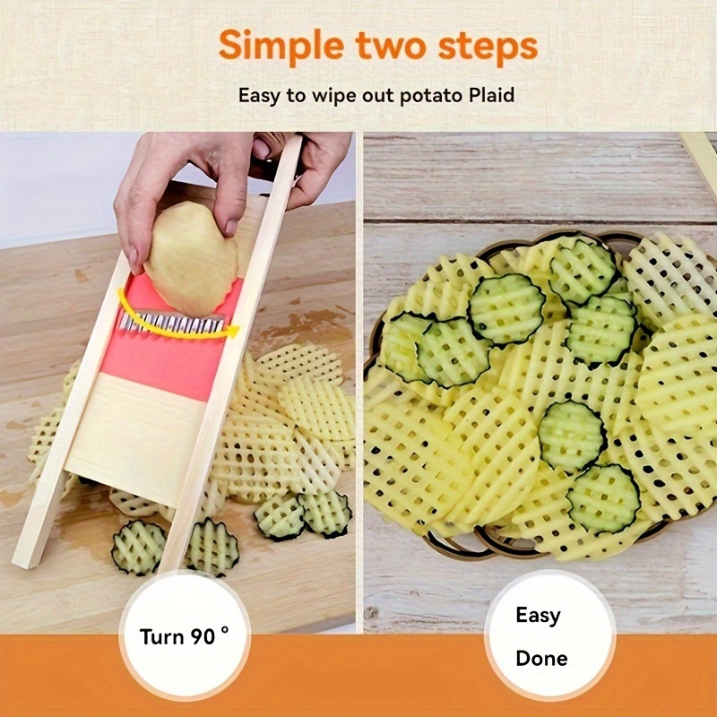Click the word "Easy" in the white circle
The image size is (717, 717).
[x=538, y=616]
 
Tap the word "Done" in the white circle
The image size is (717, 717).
[x=541, y=659]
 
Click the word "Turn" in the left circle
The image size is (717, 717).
[x=162, y=637]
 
